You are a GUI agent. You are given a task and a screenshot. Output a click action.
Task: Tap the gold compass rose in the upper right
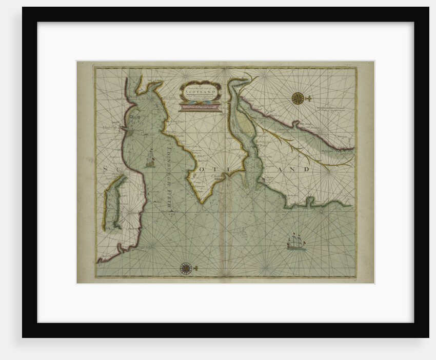pyautogui.click(x=298, y=98)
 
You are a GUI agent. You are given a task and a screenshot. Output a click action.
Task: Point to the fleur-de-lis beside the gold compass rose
pyautogui.click(x=308, y=98)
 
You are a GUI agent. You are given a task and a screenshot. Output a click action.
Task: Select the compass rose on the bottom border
pyautogui.click(x=186, y=268)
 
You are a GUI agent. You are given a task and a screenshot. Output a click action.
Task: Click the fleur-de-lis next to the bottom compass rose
pyautogui.click(x=196, y=268)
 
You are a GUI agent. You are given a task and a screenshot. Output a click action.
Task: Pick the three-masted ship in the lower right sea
pyautogui.click(x=296, y=242)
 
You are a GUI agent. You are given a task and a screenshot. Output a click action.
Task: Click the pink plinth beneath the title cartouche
pyautogui.click(x=200, y=108)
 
